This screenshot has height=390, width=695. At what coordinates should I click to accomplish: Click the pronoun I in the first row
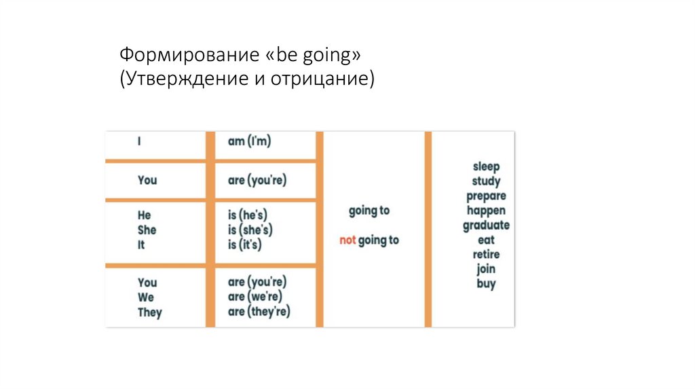click(x=139, y=141)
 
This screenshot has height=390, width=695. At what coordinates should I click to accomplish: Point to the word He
click(x=144, y=215)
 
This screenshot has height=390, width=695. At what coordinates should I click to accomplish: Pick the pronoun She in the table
click(x=147, y=230)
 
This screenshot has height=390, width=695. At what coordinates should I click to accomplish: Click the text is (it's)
click(x=245, y=245)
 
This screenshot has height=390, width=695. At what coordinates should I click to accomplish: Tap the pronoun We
click(x=146, y=298)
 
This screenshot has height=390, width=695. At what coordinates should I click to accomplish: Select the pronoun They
click(x=150, y=313)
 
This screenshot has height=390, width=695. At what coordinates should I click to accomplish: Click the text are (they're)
click(x=259, y=313)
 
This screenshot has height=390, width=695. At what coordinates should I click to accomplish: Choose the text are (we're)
click(x=255, y=298)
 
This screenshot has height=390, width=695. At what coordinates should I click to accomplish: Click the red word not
click(x=347, y=241)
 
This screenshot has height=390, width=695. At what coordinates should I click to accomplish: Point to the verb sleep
click(x=486, y=166)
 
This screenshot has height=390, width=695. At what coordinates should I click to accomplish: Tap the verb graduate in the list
click(x=486, y=226)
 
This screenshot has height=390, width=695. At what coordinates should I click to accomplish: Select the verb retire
click(x=486, y=255)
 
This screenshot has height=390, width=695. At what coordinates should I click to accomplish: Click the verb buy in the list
click(x=486, y=285)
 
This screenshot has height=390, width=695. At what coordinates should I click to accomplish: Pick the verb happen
click(x=486, y=211)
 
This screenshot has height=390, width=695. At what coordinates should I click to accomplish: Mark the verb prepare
click(x=486, y=196)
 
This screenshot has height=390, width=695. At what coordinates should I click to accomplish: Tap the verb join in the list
click(x=486, y=270)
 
